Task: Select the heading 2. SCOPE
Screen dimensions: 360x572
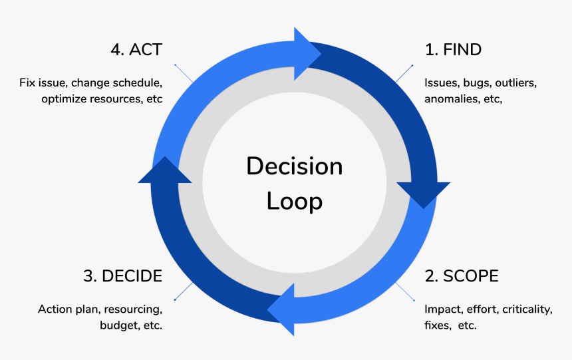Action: pos(461,275)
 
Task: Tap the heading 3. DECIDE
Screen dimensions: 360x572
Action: pos(122,275)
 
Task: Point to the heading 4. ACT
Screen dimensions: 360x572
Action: pos(136,50)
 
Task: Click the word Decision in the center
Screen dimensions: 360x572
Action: pos(294,166)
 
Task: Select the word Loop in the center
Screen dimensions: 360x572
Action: pos(294,201)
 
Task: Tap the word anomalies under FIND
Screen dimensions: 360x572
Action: pos(451,98)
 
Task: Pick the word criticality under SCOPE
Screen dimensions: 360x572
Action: pos(527,309)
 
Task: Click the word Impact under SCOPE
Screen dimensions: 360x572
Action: pos(444,309)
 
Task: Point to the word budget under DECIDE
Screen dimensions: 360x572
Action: pos(118,325)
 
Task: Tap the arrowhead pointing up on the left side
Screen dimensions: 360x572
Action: pos(165,172)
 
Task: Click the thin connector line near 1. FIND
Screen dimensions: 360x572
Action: pos(404,74)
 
